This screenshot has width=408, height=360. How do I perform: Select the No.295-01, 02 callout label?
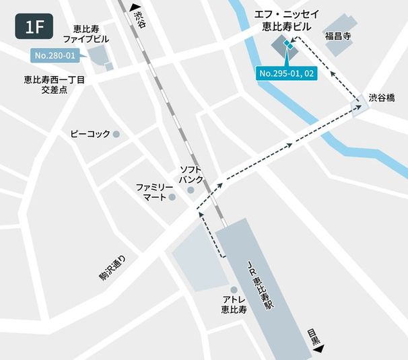pos(287,73)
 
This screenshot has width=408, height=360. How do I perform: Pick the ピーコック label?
pos(90,135)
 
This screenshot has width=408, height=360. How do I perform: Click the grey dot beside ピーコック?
pos(116,135)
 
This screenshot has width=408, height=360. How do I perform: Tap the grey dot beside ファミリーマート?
pos(172,197)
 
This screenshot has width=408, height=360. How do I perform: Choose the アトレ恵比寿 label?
pos(234,304)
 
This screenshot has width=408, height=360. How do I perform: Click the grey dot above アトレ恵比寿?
pos(234,289)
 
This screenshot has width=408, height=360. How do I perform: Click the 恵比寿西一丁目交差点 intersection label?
pos(55,84)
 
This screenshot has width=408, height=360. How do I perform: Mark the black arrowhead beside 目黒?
pos(318,349)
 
